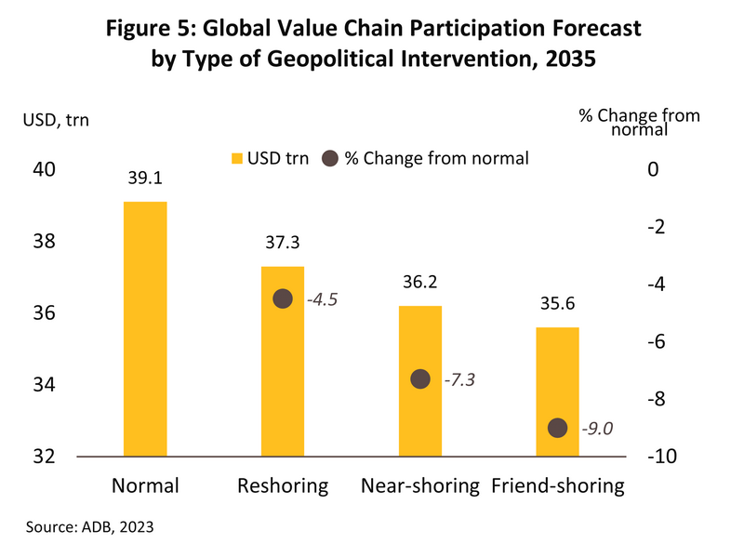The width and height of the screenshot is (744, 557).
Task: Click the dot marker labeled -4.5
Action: tap(283, 298)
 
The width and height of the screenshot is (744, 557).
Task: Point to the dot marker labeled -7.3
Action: tap(420, 378)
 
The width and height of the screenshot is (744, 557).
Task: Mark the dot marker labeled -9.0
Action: tap(558, 428)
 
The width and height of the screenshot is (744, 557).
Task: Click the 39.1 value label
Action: tap(145, 183)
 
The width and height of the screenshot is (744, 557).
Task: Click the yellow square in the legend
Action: tap(236, 158)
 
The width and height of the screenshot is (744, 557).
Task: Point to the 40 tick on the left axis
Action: tap(46, 169)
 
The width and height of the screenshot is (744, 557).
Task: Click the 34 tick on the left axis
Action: tap(46, 385)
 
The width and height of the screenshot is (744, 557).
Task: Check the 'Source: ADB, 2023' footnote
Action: tap(89, 526)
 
